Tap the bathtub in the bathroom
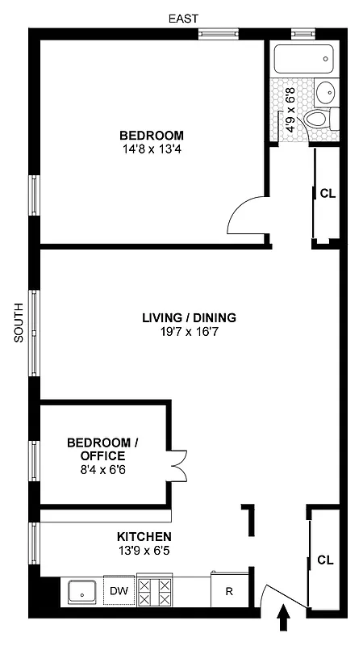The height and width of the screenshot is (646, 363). point(303,60)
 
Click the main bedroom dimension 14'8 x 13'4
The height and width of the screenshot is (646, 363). point(151,149)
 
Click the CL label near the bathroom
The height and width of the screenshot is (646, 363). point(327,194)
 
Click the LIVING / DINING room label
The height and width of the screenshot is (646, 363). point(190,317)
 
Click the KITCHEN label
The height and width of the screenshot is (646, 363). point(144,537)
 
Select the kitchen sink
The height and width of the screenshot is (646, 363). point(82,592)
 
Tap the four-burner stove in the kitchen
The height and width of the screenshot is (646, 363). point(155,591)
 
